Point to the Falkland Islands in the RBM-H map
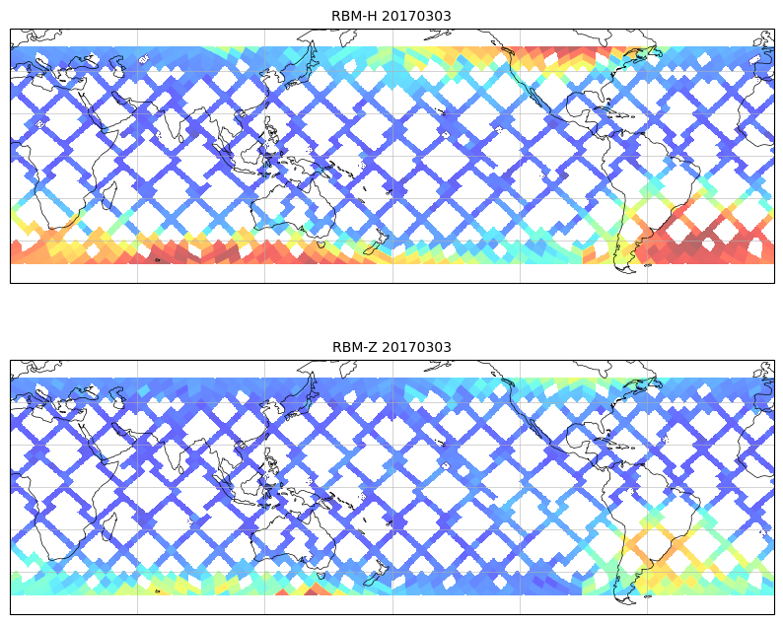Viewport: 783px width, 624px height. coord(647,264)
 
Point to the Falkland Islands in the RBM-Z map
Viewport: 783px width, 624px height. coord(647,595)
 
